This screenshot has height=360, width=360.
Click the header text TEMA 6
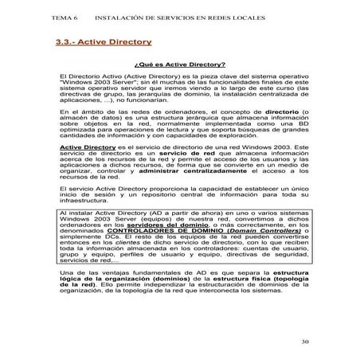tap(66, 17)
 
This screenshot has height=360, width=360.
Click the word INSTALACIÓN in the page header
tap(118, 17)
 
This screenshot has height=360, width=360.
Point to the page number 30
tap(307, 342)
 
